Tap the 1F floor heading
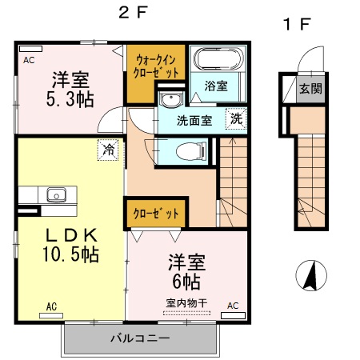pyautogui.click(x=295, y=24)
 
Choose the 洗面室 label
pyautogui.click(x=195, y=121)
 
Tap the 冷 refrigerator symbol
pyautogui.click(x=107, y=149)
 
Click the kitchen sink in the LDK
pyautogui.click(x=56, y=194)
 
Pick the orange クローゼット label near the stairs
pyautogui.click(x=150, y=214)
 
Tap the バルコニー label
pyautogui.click(x=140, y=339)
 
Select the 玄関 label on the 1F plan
pyautogui.click(x=311, y=88)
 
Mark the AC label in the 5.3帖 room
pyautogui.click(x=29, y=60)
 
